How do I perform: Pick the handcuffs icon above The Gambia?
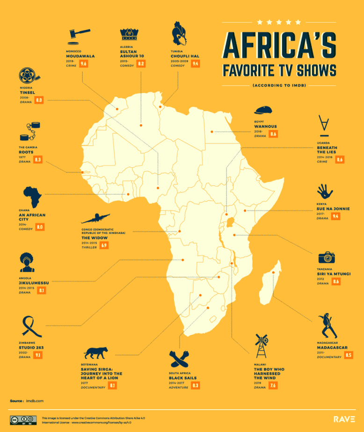(30, 131)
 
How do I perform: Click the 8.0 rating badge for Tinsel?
(39, 100)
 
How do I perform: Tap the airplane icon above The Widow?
(95, 218)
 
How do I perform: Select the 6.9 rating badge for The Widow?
(105, 245)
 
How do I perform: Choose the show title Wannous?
(265, 126)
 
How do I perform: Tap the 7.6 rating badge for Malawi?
(273, 385)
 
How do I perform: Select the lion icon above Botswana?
(95, 353)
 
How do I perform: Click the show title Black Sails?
(183, 377)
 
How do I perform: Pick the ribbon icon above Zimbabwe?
(32, 325)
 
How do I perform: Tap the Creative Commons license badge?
(23, 419)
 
